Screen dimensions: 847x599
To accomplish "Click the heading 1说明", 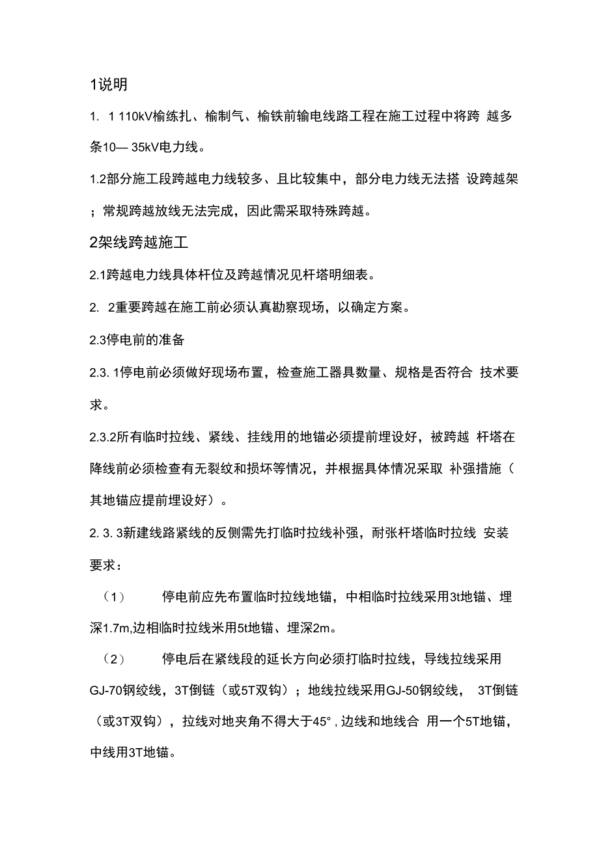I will coord(109,85).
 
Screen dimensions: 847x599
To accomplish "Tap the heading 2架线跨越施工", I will coord(139,243).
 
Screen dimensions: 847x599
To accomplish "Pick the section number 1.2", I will coord(98,180).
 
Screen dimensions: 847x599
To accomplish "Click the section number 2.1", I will coord(98,275).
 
